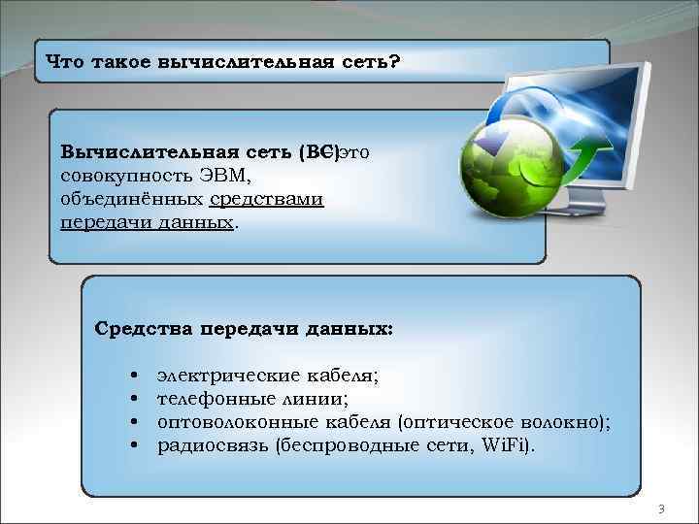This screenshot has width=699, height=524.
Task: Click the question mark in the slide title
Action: click(393, 61)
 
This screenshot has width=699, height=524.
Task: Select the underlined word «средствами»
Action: click(266, 198)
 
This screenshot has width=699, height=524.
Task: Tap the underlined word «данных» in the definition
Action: click(198, 221)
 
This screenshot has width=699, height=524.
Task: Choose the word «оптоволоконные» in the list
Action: click(231, 421)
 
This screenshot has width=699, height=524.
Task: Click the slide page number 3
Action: click(661, 508)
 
